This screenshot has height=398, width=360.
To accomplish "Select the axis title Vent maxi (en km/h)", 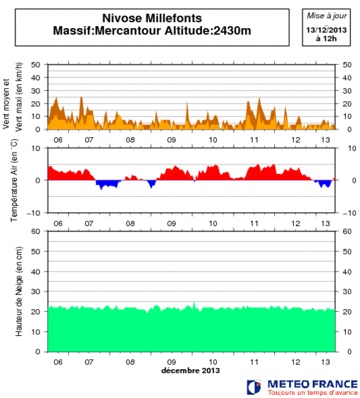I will [x=19, y=97].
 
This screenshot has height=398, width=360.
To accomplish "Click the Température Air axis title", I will [x=13, y=180].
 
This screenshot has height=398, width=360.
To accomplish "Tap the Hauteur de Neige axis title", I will [x=19, y=291].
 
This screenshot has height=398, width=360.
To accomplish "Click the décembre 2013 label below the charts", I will [x=190, y=370].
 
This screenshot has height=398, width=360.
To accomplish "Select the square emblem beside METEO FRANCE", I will [x=254, y=387].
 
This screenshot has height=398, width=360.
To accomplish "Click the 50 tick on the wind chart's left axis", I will [x=36, y=65].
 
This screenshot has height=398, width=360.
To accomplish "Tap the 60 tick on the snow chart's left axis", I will [x=36, y=231].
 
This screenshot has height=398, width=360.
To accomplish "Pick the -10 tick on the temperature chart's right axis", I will [x=348, y=213].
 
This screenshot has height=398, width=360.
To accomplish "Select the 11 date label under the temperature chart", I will [x=254, y=223].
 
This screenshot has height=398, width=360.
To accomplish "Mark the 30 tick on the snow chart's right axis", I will [x=347, y=292].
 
